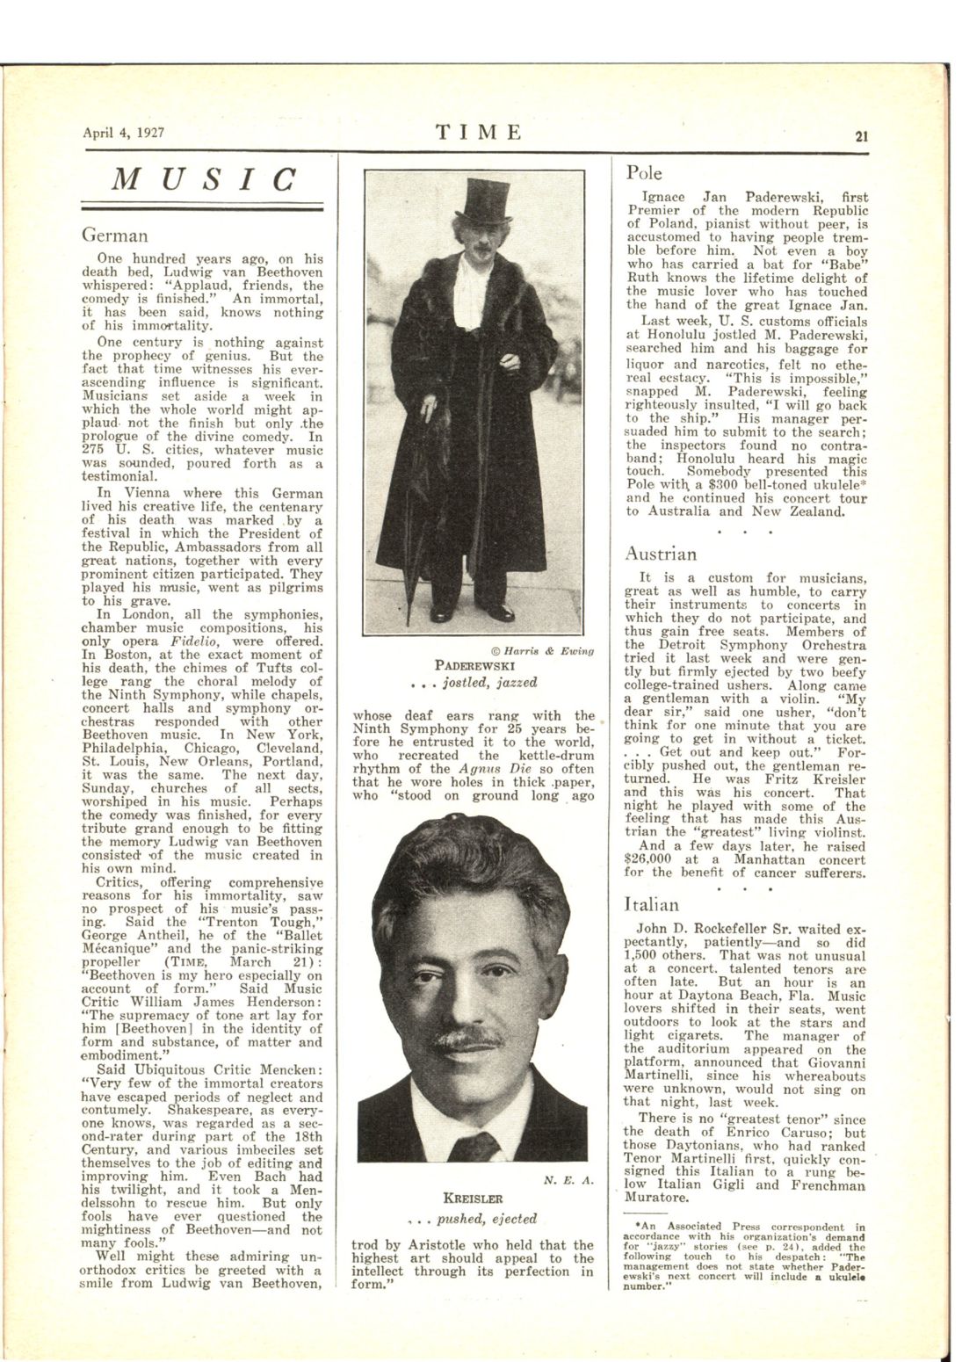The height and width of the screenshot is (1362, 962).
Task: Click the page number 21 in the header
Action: tap(862, 136)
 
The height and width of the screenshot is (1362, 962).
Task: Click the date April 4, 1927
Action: tap(124, 134)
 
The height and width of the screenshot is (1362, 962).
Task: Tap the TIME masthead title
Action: tap(480, 133)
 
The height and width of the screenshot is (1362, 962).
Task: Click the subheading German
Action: tap(114, 235)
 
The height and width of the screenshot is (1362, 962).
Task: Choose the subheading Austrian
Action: tap(661, 554)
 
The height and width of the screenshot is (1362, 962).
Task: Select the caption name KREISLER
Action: tap(479, 1198)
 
